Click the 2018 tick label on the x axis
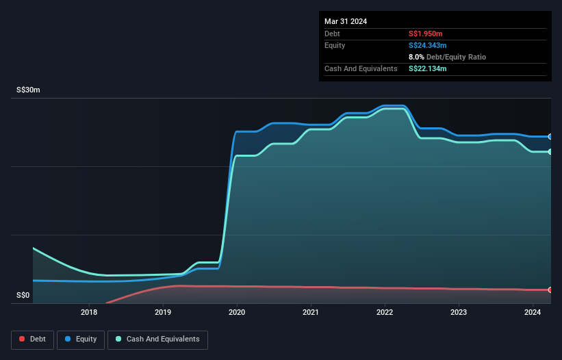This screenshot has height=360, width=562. click(89, 313)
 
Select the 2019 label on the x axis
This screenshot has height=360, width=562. click(163, 313)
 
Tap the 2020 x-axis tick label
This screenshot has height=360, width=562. click(237, 313)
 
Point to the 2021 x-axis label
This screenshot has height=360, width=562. click(311, 313)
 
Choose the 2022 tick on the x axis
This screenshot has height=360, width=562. click(385, 313)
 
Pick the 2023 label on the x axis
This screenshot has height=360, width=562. click(459, 313)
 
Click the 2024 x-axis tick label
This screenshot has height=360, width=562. click(533, 313)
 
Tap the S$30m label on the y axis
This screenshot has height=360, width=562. click(28, 90)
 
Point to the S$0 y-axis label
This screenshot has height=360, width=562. click(23, 296)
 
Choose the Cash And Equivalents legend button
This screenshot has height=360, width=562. click(157, 339)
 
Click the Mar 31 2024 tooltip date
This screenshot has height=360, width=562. click(346, 21)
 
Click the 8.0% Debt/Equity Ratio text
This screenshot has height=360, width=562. click(447, 57)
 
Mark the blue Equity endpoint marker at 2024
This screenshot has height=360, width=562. click(550, 137)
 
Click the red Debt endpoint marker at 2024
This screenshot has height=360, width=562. click(550, 290)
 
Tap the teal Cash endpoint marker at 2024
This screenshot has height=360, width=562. click(550, 152)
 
